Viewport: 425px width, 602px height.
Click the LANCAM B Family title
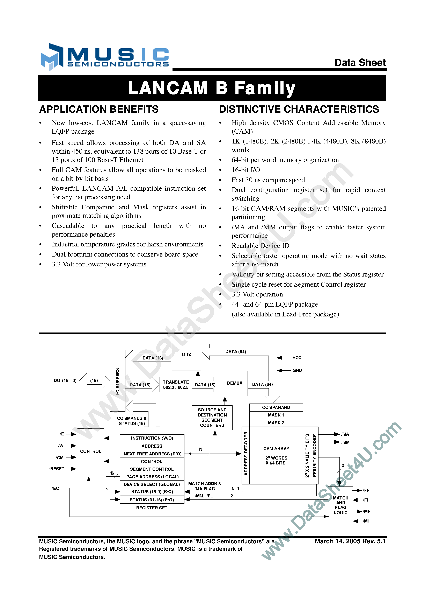tap(212, 88)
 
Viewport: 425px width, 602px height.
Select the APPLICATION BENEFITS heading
tap(99, 109)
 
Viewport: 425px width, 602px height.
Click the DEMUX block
tap(234, 383)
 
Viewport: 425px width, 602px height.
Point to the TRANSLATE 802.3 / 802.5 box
tap(176, 385)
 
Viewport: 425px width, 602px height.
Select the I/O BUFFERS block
tap(118, 381)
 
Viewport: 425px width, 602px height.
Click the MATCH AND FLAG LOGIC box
tap(340, 505)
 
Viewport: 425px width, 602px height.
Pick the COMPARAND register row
tap(276, 407)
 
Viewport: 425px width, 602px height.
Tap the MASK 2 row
tap(276, 423)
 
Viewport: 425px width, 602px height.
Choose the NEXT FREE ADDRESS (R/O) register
tap(152, 454)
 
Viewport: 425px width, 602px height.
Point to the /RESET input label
tap(57, 469)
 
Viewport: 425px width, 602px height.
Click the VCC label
tap(297, 358)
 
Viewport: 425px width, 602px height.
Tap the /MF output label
tap(366, 511)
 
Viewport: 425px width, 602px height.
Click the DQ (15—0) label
tap(65, 380)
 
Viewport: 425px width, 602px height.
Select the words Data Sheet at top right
tap(360, 62)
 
